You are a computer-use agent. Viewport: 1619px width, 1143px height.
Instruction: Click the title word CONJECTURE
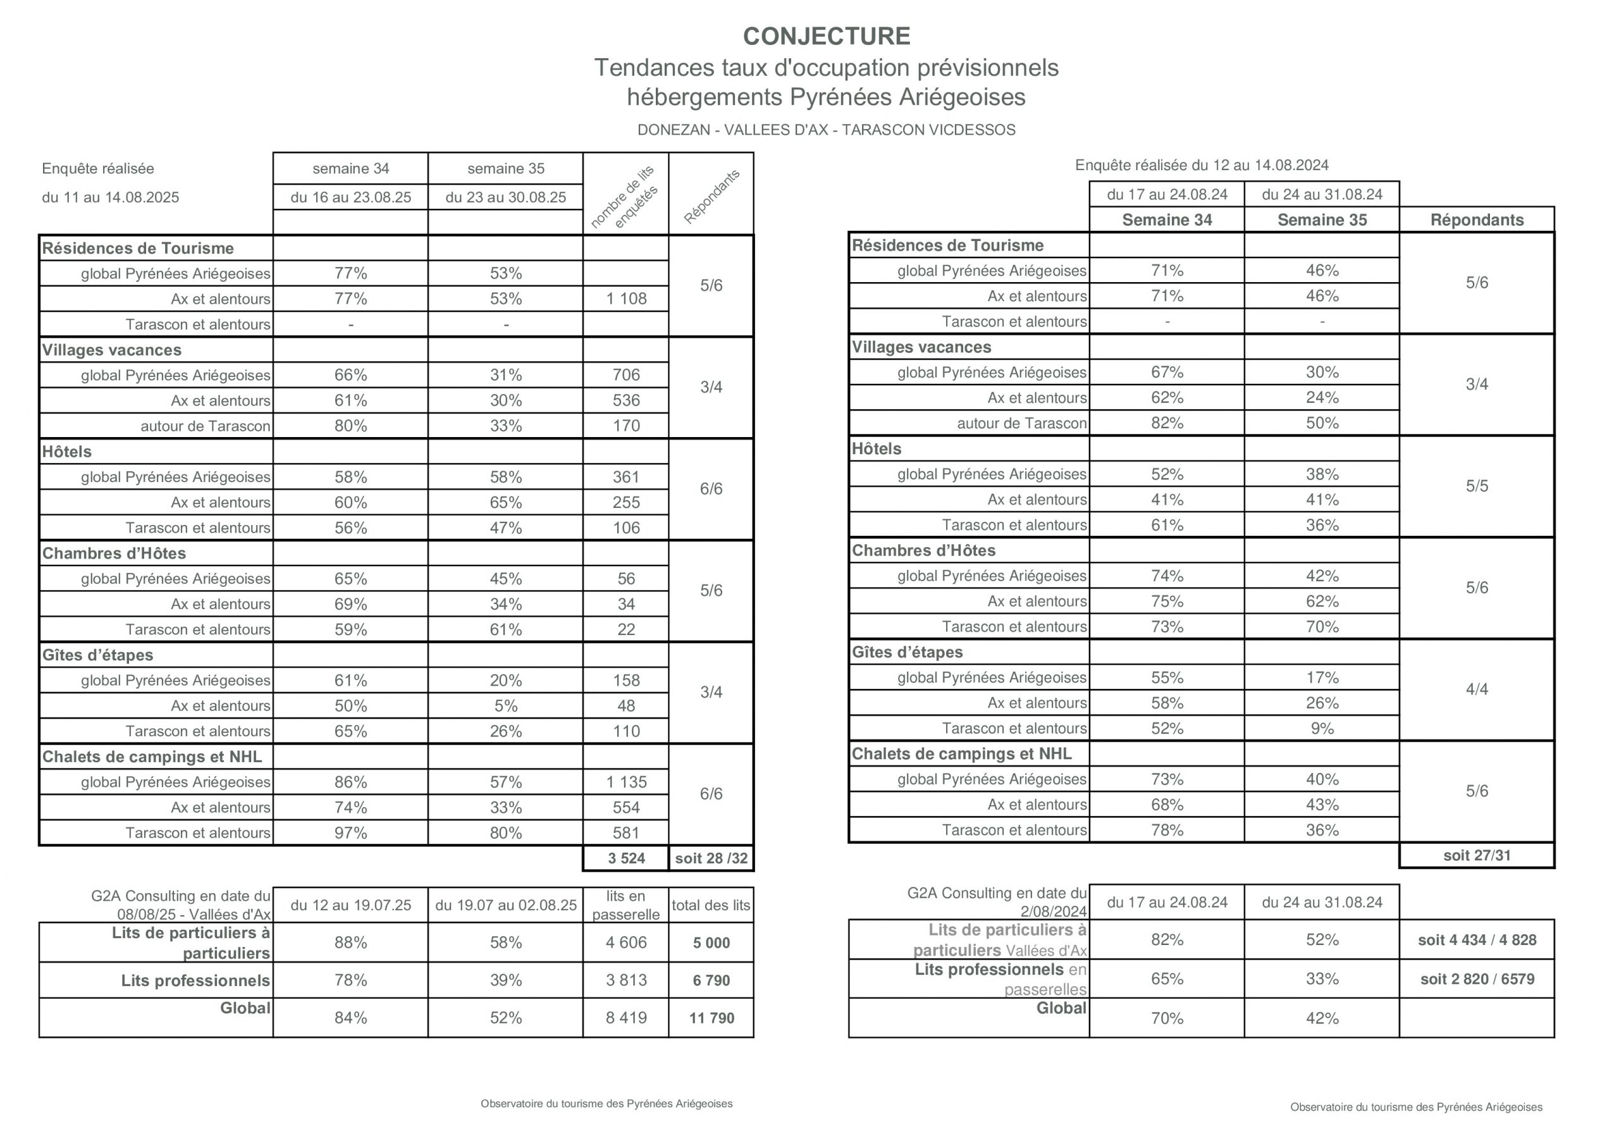827,36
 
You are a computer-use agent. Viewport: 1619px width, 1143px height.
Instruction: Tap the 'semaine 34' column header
350,168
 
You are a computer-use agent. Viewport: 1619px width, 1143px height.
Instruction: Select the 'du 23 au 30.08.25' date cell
505,197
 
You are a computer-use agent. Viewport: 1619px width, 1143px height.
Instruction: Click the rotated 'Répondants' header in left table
711,196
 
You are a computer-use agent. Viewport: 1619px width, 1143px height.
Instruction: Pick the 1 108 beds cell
626,299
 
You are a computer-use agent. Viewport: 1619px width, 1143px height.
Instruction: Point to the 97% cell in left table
350,833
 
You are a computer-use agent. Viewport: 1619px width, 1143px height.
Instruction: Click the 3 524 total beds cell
626,858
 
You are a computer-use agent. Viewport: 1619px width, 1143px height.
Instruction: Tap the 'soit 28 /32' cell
711,858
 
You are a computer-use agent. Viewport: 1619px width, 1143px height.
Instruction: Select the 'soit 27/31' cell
1477,855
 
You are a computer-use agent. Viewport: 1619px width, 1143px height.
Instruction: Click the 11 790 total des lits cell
711,1018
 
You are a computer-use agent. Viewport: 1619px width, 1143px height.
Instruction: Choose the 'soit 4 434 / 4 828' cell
1477,940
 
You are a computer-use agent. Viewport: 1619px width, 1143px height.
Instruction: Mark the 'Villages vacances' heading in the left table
111,350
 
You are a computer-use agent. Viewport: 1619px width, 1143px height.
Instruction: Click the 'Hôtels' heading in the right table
877,449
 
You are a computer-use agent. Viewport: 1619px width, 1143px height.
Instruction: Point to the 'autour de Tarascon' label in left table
205,426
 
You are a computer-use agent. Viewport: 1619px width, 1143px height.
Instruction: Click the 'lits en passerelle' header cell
626,905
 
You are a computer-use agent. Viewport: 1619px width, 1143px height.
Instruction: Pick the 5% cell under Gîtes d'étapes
505,706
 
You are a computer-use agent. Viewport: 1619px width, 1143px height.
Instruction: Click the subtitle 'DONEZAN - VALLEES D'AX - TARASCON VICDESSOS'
827,130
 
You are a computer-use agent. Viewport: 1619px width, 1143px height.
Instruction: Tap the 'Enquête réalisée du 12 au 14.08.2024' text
1202,165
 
